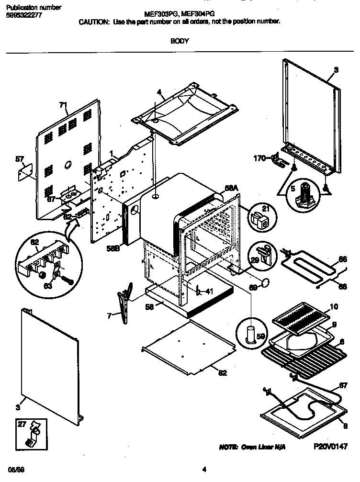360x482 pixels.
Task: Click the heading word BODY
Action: click(180, 41)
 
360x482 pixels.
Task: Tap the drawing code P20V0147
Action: click(330, 446)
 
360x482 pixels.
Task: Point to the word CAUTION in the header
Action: click(94, 22)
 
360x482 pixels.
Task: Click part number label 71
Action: click(62, 105)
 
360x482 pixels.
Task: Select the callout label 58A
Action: click(231, 189)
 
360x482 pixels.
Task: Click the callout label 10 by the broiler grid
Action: click(334, 306)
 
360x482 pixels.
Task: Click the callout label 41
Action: click(209, 291)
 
